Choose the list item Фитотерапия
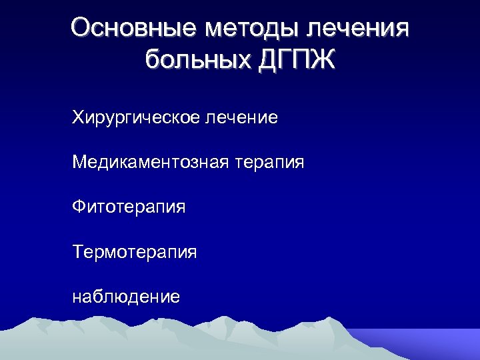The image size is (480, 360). (129, 207)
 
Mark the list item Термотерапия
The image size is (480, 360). (135, 252)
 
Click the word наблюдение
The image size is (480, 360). (126, 296)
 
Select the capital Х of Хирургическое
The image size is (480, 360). (79, 119)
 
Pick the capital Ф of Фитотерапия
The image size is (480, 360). (79, 207)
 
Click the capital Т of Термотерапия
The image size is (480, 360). (79, 252)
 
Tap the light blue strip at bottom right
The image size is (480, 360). (433, 343)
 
